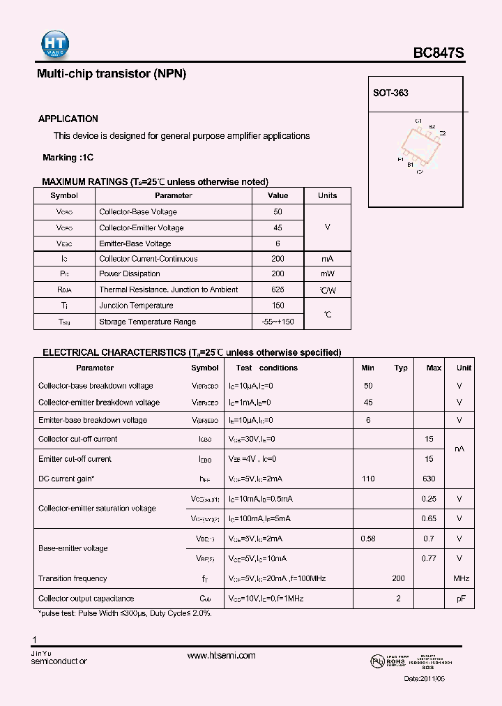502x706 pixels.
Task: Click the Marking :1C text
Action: [x=68, y=158]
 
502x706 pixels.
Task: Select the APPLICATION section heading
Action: [x=68, y=119]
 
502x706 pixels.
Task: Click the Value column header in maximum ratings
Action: [x=277, y=196]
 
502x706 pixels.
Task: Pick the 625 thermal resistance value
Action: [x=277, y=290]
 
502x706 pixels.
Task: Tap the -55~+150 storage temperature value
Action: [x=277, y=322]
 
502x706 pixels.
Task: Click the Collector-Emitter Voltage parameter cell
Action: [x=142, y=228]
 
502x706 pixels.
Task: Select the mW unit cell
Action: [x=327, y=274]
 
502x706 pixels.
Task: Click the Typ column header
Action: [x=401, y=368]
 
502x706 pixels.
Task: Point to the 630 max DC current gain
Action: [x=429, y=479]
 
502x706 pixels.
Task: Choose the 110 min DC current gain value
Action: [x=368, y=479]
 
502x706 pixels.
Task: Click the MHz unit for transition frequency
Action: [x=461, y=578]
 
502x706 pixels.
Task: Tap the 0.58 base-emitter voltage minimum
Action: [x=368, y=539]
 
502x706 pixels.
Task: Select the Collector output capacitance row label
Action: [x=86, y=599]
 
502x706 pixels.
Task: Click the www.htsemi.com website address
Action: [x=222, y=655]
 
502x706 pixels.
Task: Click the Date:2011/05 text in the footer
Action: [x=423, y=679]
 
